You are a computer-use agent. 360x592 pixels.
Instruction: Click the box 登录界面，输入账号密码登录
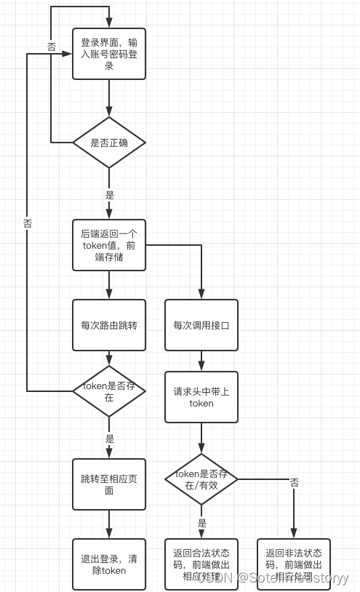click(109, 53)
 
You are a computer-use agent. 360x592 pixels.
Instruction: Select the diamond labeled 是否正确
click(109, 143)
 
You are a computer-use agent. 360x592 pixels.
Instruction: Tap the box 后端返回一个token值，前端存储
click(109, 245)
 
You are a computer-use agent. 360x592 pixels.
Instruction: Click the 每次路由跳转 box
click(109, 325)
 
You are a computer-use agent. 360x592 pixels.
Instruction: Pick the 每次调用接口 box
click(201, 325)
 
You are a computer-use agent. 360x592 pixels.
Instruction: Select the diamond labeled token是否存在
click(109, 391)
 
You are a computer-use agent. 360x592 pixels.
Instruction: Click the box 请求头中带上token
click(201, 397)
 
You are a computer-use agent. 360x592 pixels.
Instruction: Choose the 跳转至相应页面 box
click(109, 484)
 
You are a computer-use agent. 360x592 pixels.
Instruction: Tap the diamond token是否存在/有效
click(201, 479)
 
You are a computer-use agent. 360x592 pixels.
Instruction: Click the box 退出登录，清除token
click(109, 564)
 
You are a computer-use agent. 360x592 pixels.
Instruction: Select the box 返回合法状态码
click(201, 564)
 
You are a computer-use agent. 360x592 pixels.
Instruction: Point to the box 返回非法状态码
click(294, 564)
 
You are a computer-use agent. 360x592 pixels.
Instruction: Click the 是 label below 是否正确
click(110, 195)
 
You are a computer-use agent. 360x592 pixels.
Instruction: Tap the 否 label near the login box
click(52, 47)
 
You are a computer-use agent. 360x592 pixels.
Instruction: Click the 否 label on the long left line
click(28, 224)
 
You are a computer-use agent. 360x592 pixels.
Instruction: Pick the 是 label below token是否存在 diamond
click(110, 439)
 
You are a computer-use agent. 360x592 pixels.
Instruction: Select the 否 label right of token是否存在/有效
click(295, 482)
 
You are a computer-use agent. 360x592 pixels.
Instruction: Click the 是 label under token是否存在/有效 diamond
click(202, 522)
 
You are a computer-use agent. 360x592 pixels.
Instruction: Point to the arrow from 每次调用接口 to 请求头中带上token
click(201, 361)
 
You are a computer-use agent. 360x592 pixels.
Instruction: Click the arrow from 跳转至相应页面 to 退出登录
click(109, 524)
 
